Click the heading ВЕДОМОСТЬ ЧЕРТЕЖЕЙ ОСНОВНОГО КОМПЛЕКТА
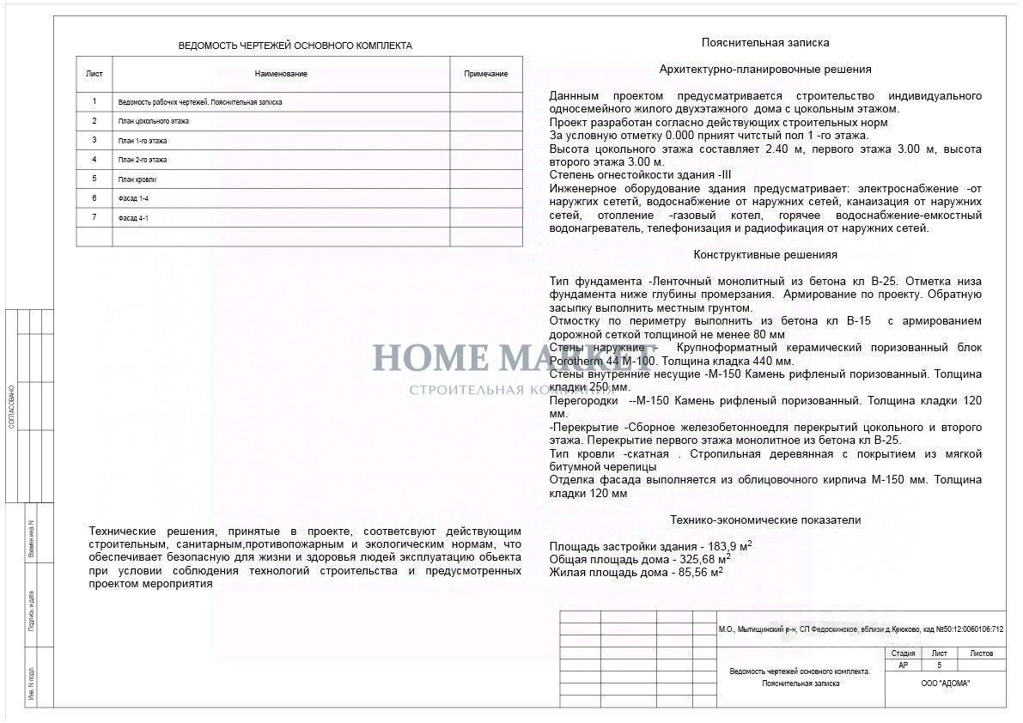click(295, 46)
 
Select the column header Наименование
click(282, 74)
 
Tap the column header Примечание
click(486, 74)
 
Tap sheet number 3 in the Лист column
click(94, 140)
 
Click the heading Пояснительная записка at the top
click(765, 42)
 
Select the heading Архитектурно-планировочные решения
click(765, 69)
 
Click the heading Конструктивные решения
click(765, 255)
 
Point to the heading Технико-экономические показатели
click(765, 519)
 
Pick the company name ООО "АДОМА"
click(946, 684)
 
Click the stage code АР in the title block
click(903, 665)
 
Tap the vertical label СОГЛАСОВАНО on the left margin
click(11, 406)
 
